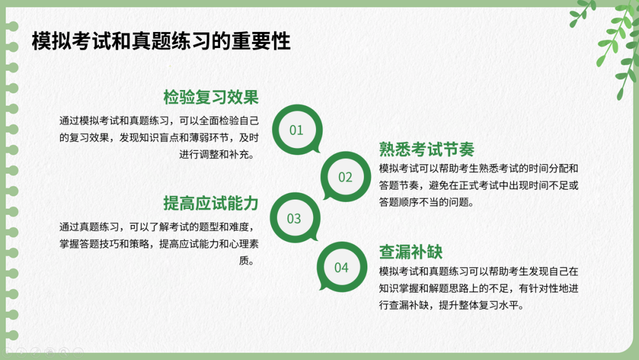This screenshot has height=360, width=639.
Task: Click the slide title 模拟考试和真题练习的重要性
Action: point(161,41)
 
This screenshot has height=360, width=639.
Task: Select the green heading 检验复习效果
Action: point(211,97)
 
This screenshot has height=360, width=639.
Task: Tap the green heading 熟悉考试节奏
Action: point(427,149)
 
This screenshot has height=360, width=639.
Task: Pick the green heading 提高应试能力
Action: point(211,203)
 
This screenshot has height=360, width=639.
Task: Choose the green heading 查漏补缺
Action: point(411,252)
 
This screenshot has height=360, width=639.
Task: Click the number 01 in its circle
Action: point(296,130)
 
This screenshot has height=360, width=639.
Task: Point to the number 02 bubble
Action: point(346,177)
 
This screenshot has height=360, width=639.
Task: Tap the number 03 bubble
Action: point(294,218)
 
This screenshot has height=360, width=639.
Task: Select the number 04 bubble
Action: point(341,268)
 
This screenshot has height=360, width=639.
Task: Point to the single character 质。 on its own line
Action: point(247,261)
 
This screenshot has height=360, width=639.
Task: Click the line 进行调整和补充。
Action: point(217,155)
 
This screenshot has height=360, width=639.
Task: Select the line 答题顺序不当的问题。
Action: point(427,202)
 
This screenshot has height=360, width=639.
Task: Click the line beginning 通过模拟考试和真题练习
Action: point(159,121)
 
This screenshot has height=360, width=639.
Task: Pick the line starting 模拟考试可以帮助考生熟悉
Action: point(479,168)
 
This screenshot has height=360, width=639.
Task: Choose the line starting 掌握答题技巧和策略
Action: point(159,244)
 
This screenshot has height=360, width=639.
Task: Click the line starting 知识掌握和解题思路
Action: point(479,288)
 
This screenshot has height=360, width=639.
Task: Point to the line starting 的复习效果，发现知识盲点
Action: point(159,138)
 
